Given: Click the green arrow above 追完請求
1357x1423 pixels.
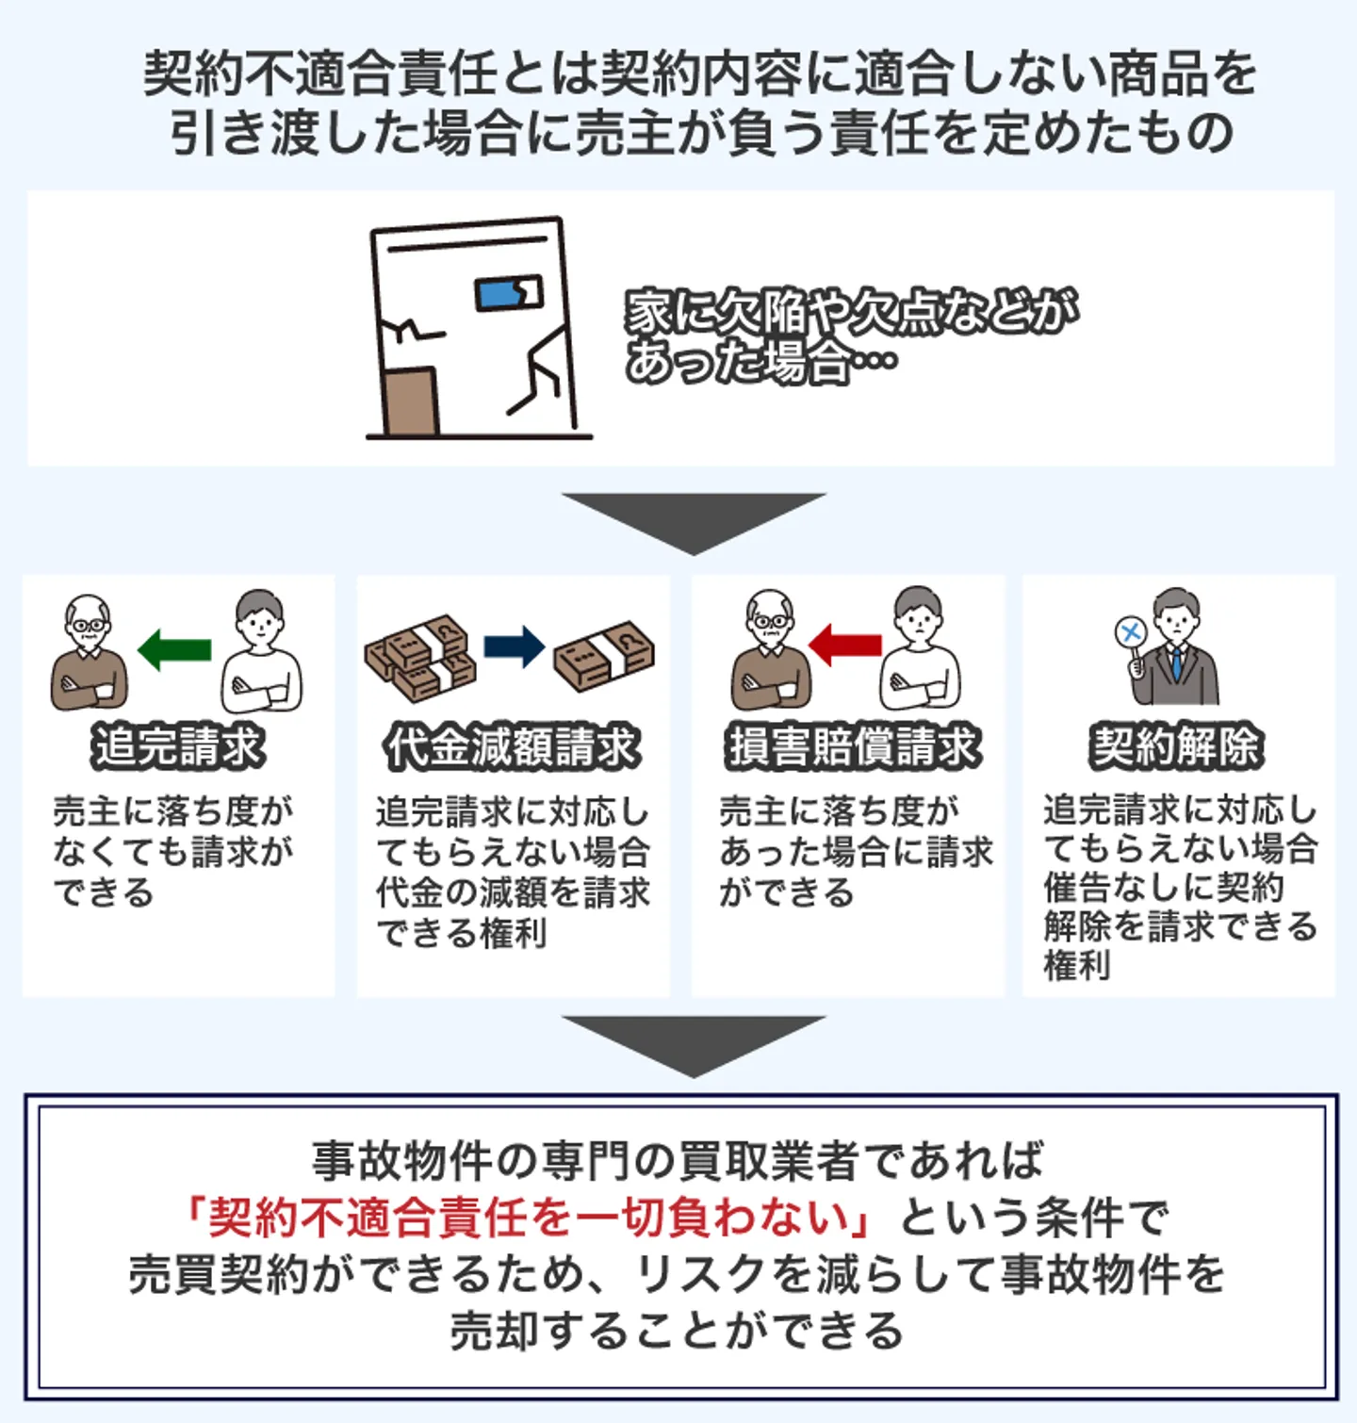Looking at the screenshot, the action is coord(174,649).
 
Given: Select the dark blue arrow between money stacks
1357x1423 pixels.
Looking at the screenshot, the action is coord(515,647).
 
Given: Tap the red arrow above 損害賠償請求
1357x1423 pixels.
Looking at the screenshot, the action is coord(845,646).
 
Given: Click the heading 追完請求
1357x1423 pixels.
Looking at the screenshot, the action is coord(178,746).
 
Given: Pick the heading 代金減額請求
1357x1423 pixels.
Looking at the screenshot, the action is coord(513,746).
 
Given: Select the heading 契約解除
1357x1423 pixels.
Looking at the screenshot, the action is coord(1175,746).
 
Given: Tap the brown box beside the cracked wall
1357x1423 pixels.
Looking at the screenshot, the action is coord(412,402).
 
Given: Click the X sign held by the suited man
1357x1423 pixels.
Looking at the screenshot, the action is coord(1130,631).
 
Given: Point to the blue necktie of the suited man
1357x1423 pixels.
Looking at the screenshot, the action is coord(1176,662).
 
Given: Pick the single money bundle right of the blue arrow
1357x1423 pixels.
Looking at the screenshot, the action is coord(604,655).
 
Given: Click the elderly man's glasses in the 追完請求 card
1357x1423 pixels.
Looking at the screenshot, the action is coord(90,625).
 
